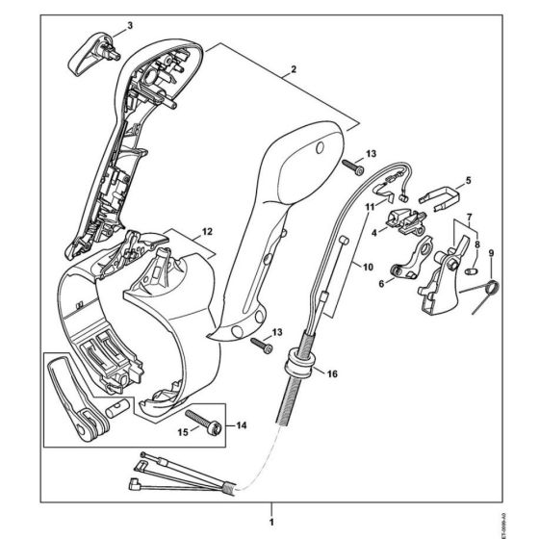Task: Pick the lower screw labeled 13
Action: coord(261,342)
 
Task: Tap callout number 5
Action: coord(468,179)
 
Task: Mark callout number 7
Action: coord(468,218)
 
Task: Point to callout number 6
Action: coord(380,283)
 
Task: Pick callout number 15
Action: coord(183,431)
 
